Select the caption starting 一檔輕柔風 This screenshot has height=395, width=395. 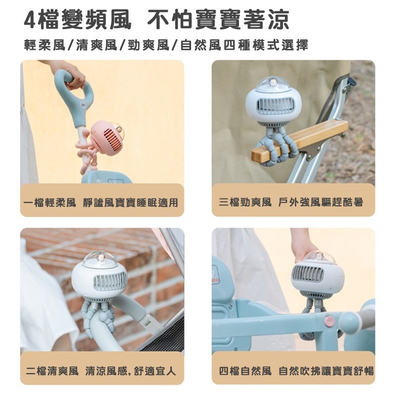[x=102, y=202]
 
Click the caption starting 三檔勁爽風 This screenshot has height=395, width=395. [x=291, y=202]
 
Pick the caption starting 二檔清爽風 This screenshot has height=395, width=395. [x=101, y=371]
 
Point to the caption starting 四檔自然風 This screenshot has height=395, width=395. [x=296, y=371]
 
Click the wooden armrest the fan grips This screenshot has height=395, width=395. [x=300, y=142]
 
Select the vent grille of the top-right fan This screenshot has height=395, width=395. [x=276, y=106]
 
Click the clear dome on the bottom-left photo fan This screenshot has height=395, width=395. [x=100, y=259]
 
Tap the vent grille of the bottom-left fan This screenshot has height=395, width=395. [x=110, y=282]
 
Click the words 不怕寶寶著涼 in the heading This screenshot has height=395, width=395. [x=218, y=19]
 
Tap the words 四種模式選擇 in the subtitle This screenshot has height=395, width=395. [x=266, y=45]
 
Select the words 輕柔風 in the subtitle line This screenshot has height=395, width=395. [x=44, y=45]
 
